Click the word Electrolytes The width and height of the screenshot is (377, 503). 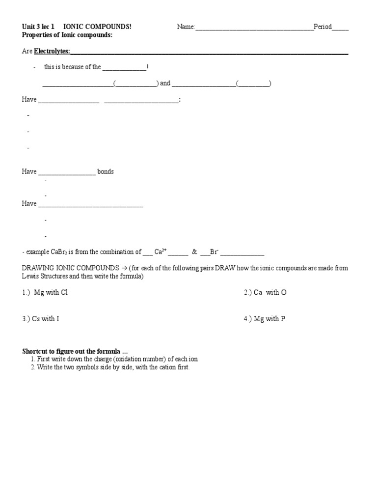[x=52, y=51]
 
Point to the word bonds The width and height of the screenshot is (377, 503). [x=106, y=172]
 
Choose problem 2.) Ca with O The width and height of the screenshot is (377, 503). [x=265, y=293]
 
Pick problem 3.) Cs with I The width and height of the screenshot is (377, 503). [x=41, y=319]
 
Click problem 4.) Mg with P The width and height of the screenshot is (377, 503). [x=265, y=319]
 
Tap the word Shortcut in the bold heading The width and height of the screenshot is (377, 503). [x=35, y=351]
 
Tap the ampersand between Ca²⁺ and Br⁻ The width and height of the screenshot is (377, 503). [x=194, y=252]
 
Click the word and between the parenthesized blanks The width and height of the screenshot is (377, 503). [x=165, y=84]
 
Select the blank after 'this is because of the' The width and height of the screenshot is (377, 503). [x=124, y=67]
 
